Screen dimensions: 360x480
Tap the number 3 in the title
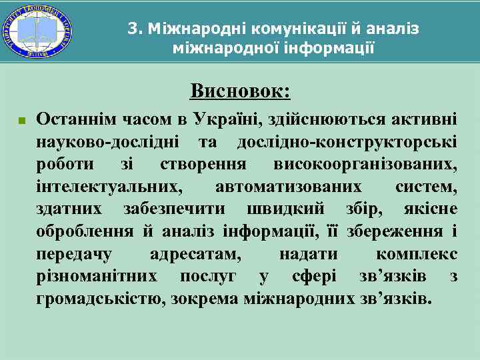click(132, 29)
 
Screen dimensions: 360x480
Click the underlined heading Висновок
click(239, 89)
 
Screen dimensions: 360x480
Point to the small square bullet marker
click(21, 122)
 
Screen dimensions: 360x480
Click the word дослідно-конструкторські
click(347, 142)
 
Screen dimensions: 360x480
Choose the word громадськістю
click(101, 299)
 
